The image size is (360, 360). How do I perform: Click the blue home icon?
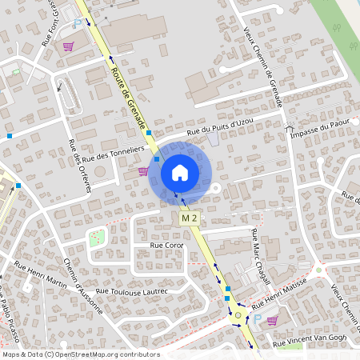179,172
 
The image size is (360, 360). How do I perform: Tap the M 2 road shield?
189,218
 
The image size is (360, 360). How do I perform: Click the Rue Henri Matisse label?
282,298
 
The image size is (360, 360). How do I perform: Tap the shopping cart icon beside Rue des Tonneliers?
143,170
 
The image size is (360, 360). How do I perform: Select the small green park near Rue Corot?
97,238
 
